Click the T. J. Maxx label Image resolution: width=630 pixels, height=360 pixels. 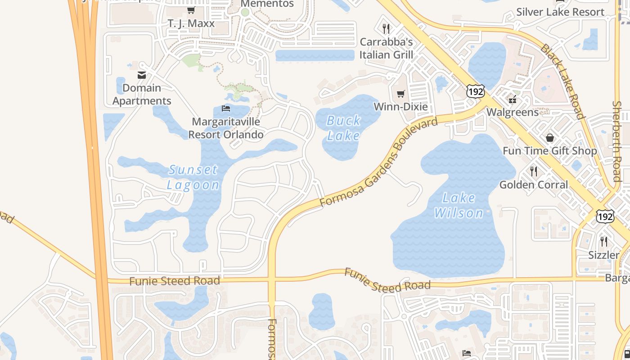coord(191,23)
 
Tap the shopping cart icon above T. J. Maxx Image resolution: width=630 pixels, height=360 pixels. coord(191,10)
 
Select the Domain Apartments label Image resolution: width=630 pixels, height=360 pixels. coord(142,94)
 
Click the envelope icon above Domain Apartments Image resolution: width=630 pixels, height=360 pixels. coord(142,75)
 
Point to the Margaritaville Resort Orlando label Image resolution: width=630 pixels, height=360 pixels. coord(225,128)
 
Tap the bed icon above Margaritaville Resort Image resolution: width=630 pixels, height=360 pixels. coord(226,108)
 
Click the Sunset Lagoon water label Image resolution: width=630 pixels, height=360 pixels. coord(193,177)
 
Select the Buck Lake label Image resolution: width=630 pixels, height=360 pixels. coord(343,128)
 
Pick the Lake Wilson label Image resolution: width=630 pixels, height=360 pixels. coord(459,205)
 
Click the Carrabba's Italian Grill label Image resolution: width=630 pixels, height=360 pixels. coord(386,48)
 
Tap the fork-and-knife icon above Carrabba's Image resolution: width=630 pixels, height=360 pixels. coord(386,29)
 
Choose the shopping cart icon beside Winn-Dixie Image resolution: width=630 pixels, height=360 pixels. coord(400,94)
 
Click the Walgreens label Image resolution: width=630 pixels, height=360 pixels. coord(513,112)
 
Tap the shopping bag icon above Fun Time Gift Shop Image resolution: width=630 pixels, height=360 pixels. coord(549,138)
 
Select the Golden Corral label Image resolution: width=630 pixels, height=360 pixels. coord(534,184)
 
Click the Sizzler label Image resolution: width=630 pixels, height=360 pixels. coord(604,255)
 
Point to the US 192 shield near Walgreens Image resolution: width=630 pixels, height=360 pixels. coord(475,92)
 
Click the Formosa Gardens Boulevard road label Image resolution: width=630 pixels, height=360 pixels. coord(378,162)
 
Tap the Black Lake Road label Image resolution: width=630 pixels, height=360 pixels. coord(562,81)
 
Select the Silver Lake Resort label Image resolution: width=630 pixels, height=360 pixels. coord(560,12)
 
